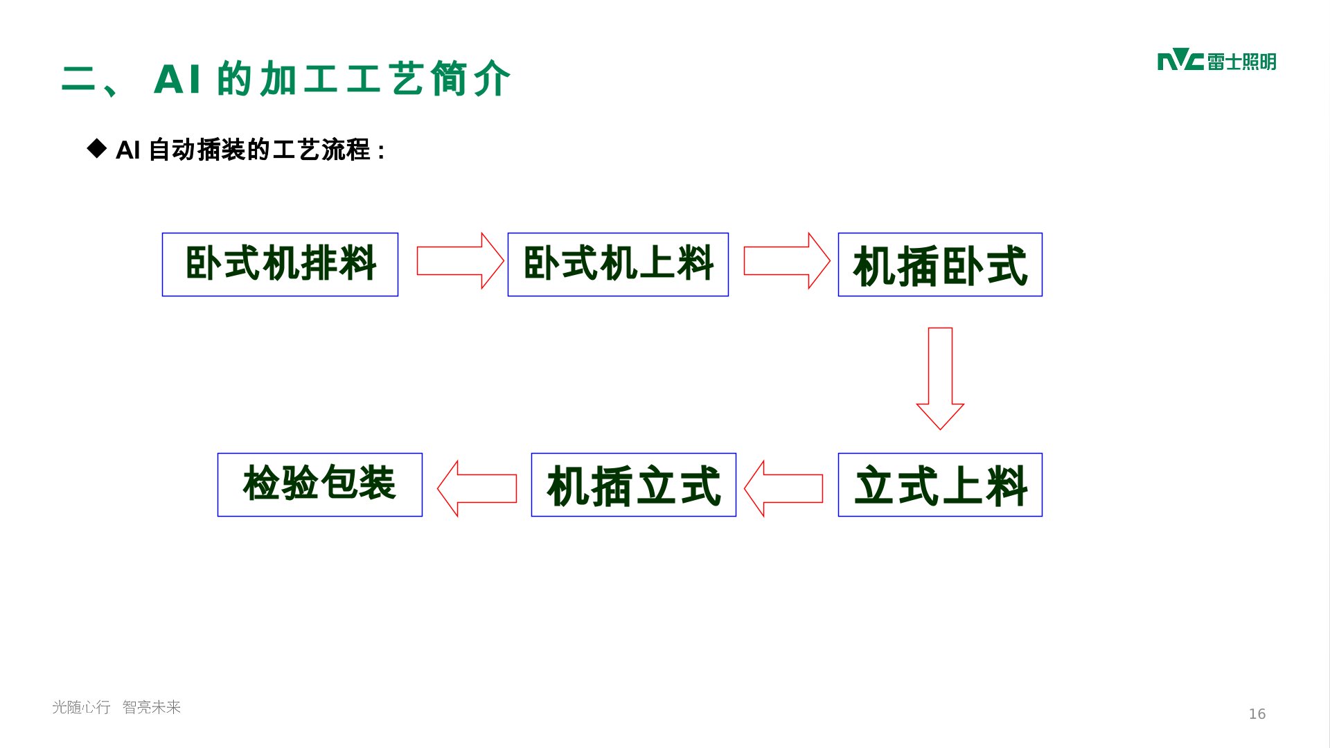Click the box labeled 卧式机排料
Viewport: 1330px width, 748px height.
(x=280, y=265)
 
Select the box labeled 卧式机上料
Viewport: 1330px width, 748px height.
(x=618, y=265)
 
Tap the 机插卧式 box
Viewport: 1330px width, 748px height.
(x=940, y=265)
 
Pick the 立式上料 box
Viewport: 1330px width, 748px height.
(x=940, y=485)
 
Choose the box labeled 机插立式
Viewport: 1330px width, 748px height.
(x=633, y=485)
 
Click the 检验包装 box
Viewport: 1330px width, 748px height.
(x=319, y=485)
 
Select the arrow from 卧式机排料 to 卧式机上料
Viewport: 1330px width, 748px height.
(x=459, y=260)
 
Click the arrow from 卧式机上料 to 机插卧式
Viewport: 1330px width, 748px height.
(x=786, y=260)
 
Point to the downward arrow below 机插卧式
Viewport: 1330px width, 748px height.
(x=940, y=377)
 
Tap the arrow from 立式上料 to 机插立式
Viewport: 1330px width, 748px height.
(x=783, y=488)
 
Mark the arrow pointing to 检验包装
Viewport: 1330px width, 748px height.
(x=477, y=488)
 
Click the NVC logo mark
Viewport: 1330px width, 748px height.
(x=1180, y=61)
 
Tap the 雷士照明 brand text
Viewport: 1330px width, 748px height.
(x=1241, y=62)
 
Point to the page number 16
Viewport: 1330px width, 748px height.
(x=1257, y=714)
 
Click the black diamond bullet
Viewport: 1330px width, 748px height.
(x=97, y=148)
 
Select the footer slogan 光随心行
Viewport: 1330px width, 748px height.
(x=81, y=707)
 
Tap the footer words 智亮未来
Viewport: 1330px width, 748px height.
(x=152, y=707)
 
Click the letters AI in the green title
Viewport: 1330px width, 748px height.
(x=177, y=79)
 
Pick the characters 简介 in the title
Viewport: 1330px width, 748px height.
(x=470, y=79)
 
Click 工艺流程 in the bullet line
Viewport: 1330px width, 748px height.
(x=321, y=150)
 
